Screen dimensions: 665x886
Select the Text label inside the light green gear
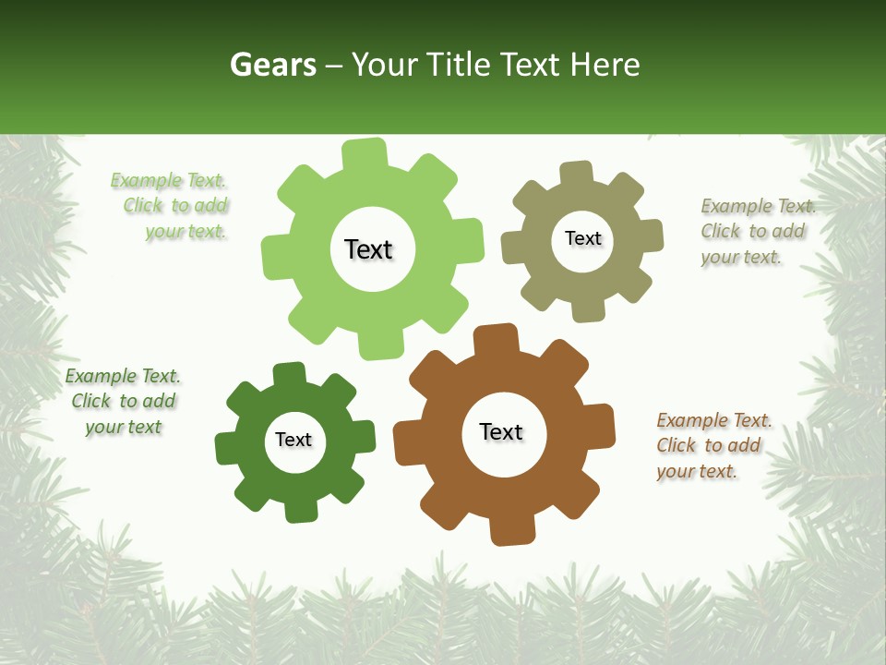coord(368,249)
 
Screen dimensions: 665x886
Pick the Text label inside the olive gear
coord(582,238)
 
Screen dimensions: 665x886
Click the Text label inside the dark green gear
coord(293,440)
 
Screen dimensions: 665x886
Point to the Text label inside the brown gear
coord(501,432)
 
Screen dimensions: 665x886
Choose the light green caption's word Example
coord(146,181)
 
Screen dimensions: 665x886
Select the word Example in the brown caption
coord(691,420)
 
